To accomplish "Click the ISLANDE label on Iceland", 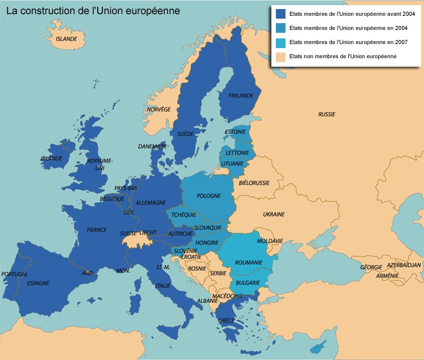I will (66, 40).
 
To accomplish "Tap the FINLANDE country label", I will (241, 96).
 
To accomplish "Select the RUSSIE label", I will (327, 114).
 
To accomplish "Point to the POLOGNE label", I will (209, 196).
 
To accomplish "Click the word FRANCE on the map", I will (97, 230).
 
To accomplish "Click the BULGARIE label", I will (248, 283).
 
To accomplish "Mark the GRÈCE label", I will (227, 320).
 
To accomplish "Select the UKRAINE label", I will (274, 215).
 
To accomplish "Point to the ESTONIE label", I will (235, 132).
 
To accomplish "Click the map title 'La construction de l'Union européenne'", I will (93, 11).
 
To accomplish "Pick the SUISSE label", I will (128, 233).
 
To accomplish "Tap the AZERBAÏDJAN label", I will (404, 265).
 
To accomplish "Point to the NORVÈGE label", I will (158, 109).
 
